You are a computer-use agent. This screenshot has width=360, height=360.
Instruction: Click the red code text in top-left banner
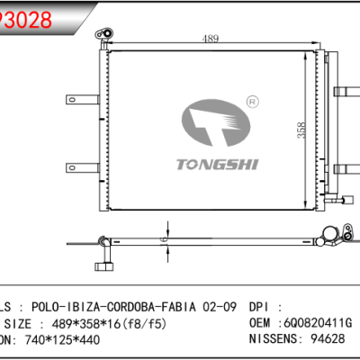(x=23, y=18)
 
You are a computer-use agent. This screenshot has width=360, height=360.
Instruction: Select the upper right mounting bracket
(x=344, y=90)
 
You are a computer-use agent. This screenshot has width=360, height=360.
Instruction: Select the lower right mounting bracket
(x=344, y=166)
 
